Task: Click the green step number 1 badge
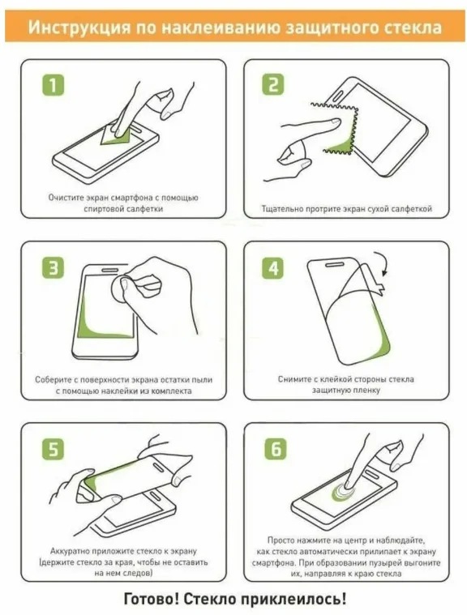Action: tap(53, 86)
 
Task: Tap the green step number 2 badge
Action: tap(273, 84)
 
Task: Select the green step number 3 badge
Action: tap(53, 268)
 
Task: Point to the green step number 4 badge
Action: tap(273, 268)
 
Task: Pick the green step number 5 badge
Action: tap(53, 449)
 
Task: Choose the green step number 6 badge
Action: tap(276, 448)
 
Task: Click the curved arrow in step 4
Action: tap(382, 263)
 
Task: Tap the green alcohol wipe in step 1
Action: tap(116, 135)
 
